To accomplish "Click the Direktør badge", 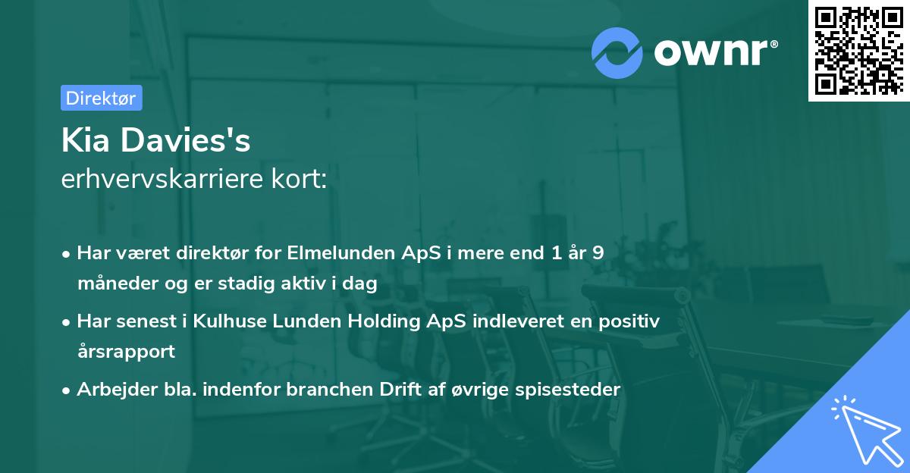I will (x=101, y=98).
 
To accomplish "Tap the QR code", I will (x=858, y=51).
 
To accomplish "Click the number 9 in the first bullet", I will (x=598, y=253).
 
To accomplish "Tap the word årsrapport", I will (x=126, y=352).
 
